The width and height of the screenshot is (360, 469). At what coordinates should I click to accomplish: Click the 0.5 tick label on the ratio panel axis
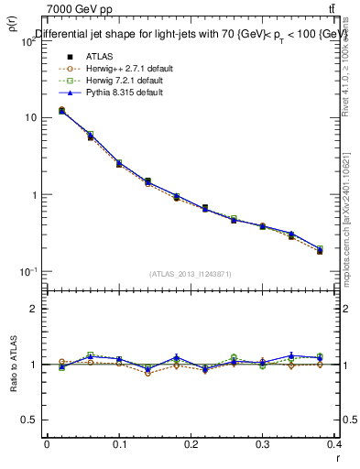31,420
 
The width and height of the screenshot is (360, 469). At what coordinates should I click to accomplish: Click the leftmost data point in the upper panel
61,111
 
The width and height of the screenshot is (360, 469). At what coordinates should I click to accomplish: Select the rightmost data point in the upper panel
320,250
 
